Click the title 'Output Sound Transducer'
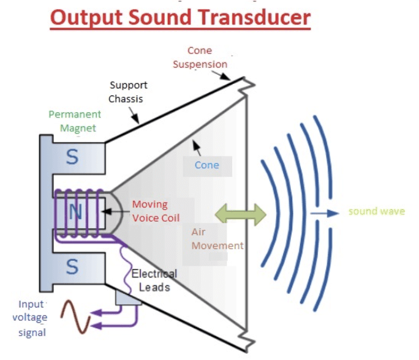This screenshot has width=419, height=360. pyautogui.click(x=180, y=18)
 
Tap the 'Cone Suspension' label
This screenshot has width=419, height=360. pyautogui.click(x=200, y=58)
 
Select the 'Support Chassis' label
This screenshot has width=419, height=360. pyautogui.click(x=128, y=92)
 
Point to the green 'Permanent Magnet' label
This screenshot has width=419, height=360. pyautogui.click(x=75, y=121)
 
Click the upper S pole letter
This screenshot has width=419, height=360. pyautogui.click(x=72, y=157)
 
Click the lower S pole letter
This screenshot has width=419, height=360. pyautogui.click(x=72, y=267)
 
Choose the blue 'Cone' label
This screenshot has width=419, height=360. pyautogui.click(x=206, y=165)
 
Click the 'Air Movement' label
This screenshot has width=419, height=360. pyautogui.click(x=217, y=239)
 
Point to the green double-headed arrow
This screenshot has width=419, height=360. pyautogui.click(x=241, y=214)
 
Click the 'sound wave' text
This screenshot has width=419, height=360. pyautogui.click(x=376, y=212)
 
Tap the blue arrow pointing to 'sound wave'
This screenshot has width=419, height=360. pyautogui.click(x=325, y=213)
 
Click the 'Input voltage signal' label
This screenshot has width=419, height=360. pyautogui.click(x=31, y=318)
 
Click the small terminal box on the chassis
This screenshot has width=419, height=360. pyautogui.click(x=127, y=297)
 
